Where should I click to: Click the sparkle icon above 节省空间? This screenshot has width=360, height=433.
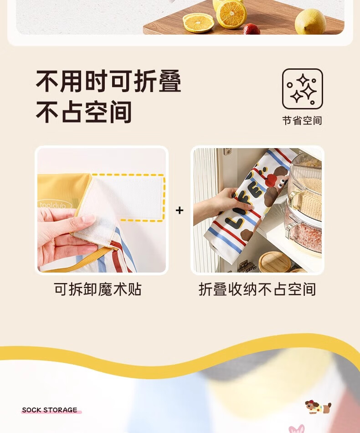click(302, 89)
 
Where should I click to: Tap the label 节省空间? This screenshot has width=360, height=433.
click(302, 121)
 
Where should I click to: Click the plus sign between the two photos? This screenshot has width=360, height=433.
click(180, 211)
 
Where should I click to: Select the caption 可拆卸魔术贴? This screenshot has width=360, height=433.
click(98, 289)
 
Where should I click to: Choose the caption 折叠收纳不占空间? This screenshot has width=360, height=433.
click(257, 289)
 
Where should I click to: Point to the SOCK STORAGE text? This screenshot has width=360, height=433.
click(50, 410)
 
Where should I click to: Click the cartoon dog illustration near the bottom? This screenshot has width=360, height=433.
click(318, 407)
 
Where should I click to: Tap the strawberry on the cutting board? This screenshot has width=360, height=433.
click(251, 29)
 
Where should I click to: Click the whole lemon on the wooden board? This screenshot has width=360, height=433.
click(310, 21)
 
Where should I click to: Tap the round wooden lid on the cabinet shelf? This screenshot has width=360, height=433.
click(275, 262)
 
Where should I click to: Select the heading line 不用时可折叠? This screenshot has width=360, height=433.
click(108, 81)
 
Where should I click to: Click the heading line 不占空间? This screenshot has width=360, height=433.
click(84, 112)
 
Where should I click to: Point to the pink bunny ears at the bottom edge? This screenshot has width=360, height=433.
click(297, 429)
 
